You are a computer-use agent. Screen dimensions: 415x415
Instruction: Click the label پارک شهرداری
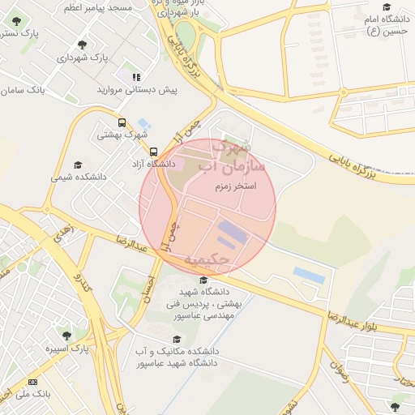(82, 58)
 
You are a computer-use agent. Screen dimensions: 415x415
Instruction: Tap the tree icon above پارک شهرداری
(82, 44)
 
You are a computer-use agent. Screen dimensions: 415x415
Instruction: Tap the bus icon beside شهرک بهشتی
(122, 123)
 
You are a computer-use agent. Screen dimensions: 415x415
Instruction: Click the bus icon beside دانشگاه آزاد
(154, 152)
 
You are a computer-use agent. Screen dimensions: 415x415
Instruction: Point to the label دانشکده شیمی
(78, 176)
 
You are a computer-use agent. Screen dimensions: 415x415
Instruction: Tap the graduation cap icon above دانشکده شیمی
(78, 164)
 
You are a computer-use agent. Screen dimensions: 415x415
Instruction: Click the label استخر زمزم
(235, 186)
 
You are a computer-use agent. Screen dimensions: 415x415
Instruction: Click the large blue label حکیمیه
(208, 259)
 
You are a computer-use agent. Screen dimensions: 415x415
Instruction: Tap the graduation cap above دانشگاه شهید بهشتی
(203, 280)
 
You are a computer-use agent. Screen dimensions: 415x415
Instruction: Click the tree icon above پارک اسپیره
(66, 335)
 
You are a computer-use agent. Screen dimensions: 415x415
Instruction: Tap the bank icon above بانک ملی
(33, 381)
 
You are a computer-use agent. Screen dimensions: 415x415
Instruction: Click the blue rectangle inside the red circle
(233, 233)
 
